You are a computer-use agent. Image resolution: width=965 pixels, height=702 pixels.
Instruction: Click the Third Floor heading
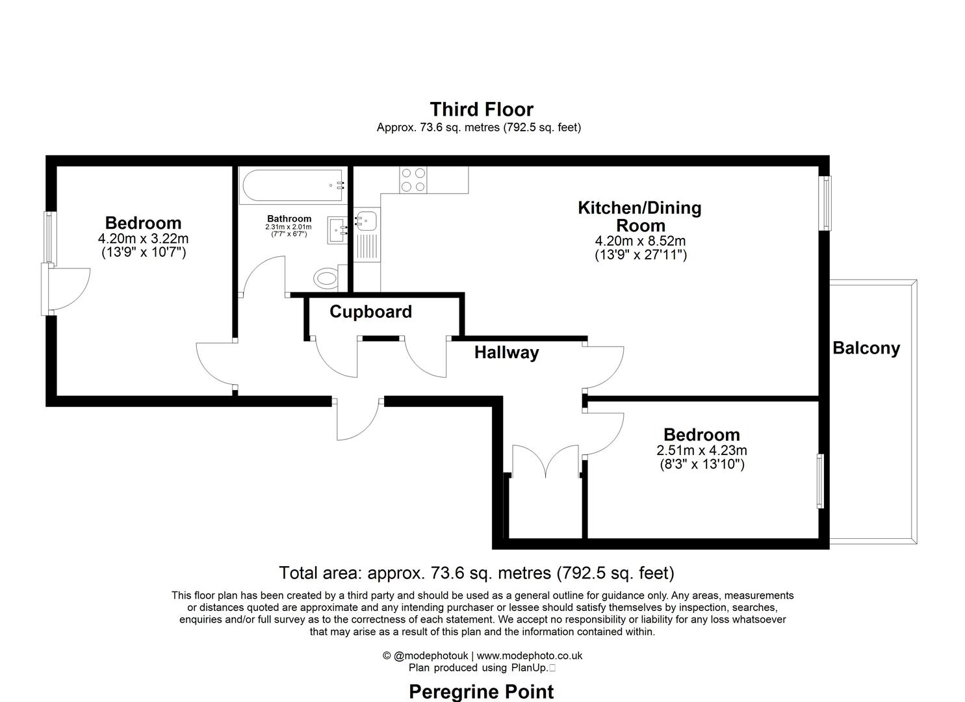pyautogui.click(x=482, y=109)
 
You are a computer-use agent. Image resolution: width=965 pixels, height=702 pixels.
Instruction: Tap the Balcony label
pyautogui.click(x=866, y=348)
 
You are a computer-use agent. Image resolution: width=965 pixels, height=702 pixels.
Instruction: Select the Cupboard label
pyautogui.click(x=370, y=312)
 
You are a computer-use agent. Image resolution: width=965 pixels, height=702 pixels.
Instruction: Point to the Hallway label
pyautogui.click(x=506, y=353)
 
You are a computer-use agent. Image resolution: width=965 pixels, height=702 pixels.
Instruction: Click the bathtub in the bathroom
pyautogui.click(x=292, y=185)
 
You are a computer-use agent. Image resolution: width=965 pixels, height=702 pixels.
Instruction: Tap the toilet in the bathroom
pyautogui.click(x=327, y=279)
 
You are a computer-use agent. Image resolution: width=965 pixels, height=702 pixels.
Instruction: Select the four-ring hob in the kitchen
pyautogui.click(x=413, y=180)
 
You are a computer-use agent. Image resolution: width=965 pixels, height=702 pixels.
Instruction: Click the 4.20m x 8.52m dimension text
pyautogui.click(x=640, y=241)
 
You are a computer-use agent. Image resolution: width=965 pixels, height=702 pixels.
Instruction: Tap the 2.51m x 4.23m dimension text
pyautogui.click(x=701, y=450)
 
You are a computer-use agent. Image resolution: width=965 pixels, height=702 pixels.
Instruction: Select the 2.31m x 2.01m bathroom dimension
pyautogui.click(x=288, y=227)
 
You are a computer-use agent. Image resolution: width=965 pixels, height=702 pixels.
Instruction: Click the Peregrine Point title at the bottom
pyautogui.click(x=482, y=692)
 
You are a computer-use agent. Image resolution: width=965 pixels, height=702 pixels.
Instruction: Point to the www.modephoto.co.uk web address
pyautogui.click(x=530, y=656)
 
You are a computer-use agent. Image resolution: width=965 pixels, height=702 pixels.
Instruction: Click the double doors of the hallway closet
pyautogui.click(x=545, y=462)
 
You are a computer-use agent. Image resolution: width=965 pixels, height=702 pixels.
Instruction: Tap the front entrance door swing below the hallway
pyautogui.click(x=357, y=421)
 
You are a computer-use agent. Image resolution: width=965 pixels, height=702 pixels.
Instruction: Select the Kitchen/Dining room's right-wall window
pyautogui.click(x=825, y=203)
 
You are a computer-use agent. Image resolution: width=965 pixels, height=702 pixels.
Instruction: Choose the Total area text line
pyautogui.click(x=476, y=573)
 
